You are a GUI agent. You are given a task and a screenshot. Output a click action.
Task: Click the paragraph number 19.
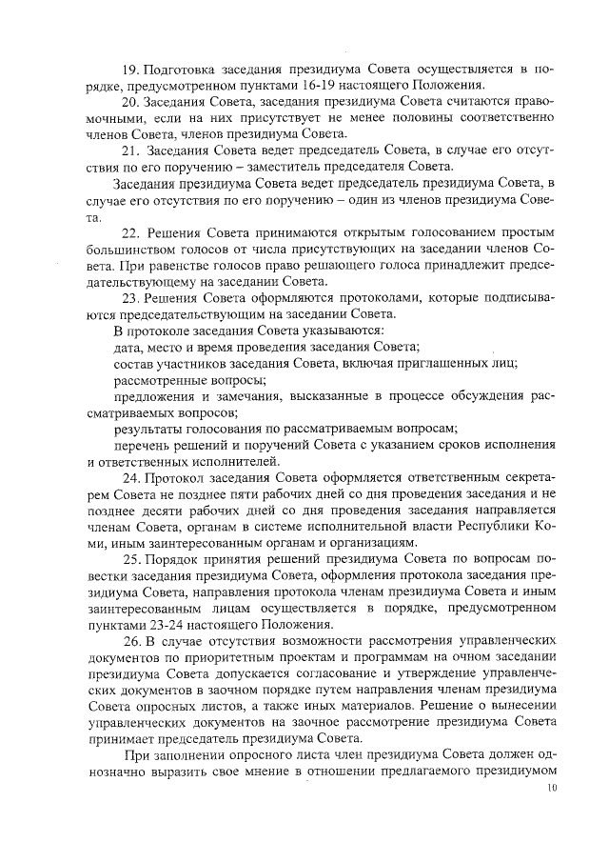point(132,70)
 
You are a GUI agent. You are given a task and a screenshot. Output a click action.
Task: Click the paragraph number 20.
point(133,102)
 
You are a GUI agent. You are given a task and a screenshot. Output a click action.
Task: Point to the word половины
point(398,118)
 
